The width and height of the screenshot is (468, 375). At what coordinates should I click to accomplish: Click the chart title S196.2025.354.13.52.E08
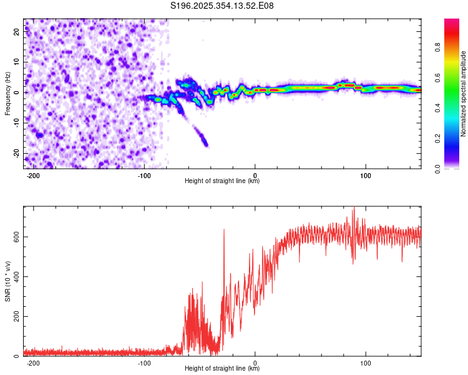pyautogui.click(x=222, y=6)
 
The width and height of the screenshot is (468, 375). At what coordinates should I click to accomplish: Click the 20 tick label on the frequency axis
pyautogui.click(x=17, y=32)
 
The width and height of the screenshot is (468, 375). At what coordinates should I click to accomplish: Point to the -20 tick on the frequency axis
pyautogui.click(x=17, y=153)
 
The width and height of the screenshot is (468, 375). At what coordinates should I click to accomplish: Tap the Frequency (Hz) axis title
pyautogui.click(x=7, y=93)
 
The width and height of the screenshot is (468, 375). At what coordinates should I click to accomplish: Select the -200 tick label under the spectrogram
pyautogui.click(x=33, y=176)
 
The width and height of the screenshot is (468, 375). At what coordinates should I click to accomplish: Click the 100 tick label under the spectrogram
pyautogui.click(x=365, y=176)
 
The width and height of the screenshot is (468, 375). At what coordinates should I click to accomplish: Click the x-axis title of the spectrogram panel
pyautogui.click(x=222, y=181)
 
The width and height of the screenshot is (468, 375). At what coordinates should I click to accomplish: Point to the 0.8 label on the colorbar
pyautogui.click(x=437, y=47)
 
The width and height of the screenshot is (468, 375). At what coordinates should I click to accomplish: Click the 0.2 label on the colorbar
pyautogui.click(x=437, y=139)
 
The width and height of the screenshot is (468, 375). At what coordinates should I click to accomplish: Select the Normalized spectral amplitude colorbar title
pyautogui.click(x=463, y=93)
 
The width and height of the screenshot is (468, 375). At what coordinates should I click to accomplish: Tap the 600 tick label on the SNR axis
pyautogui.click(x=17, y=237)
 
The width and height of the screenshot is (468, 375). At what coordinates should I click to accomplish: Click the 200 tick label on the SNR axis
pyautogui.click(x=17, y=316)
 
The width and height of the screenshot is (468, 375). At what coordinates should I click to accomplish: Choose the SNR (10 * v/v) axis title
pyautogui.click(x=7, y=281)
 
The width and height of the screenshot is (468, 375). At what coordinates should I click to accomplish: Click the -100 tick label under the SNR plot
pyautogui.click(x=144, y=363)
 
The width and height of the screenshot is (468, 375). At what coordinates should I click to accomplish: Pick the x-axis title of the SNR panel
pyautogui.click(x=222, y=368)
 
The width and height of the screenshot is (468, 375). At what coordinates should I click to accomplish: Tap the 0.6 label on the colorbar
pyautogui.click(x=437, y=77)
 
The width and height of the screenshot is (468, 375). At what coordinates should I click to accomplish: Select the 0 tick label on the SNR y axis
pyautogui.click(x=17, y=356)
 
